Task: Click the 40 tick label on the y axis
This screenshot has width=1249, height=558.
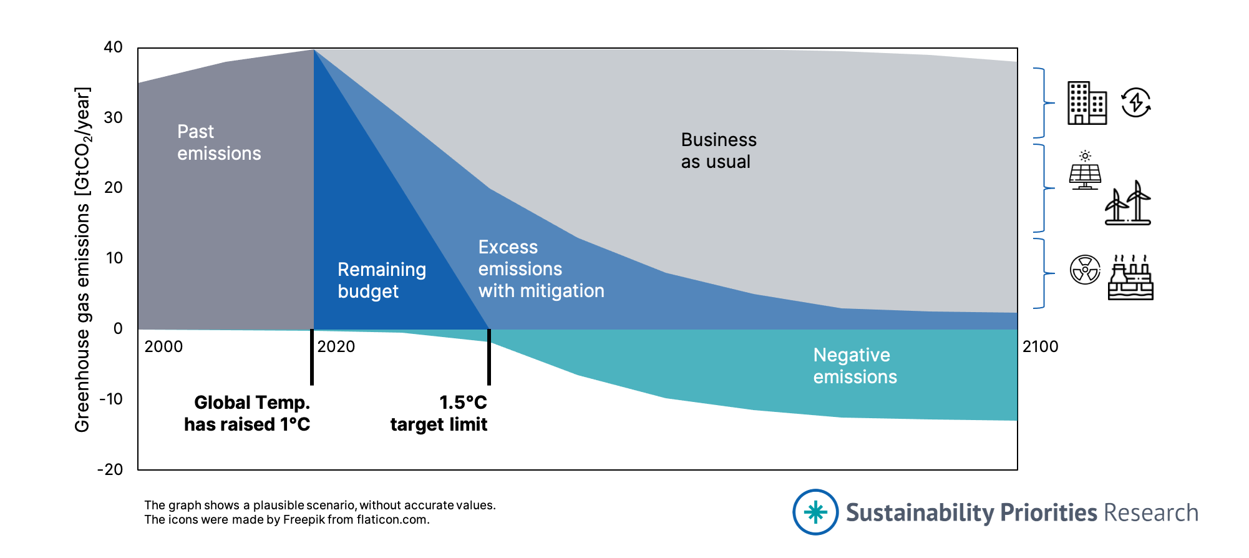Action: point(113,47)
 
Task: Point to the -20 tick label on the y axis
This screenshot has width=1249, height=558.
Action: point(110,469)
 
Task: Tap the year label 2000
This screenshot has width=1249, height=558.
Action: point(163,346)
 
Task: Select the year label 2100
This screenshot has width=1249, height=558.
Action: point(1040,346)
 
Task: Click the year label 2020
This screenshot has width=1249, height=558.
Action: point(336,346)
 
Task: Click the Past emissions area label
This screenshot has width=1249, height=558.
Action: point(218,142)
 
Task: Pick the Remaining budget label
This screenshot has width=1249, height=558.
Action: point(381,280)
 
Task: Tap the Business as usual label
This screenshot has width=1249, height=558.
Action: point(718,150)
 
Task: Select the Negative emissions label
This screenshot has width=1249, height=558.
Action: point(855,366)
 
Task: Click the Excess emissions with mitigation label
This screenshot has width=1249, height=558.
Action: point(541,269)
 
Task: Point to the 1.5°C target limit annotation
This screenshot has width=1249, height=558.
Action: point(439,413)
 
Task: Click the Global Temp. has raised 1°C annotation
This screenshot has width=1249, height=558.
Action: point(248,413)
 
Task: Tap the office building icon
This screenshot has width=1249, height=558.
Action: point(1087,103)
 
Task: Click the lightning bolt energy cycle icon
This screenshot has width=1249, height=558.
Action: point(1135,102)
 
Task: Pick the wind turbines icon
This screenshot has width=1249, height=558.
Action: point(1128,203)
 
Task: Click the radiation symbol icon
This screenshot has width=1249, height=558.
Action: point(1085,270)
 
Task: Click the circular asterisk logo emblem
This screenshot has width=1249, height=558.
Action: point(815,512)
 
